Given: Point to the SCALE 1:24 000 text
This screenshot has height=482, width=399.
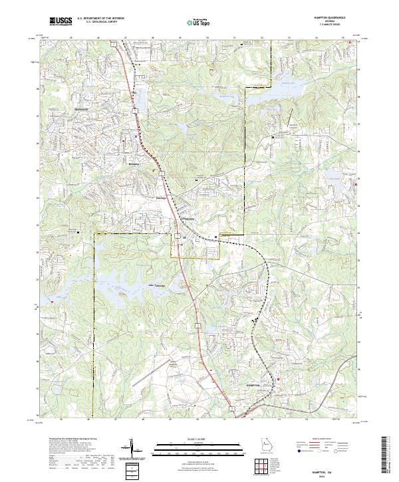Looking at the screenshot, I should click(199, 438).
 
